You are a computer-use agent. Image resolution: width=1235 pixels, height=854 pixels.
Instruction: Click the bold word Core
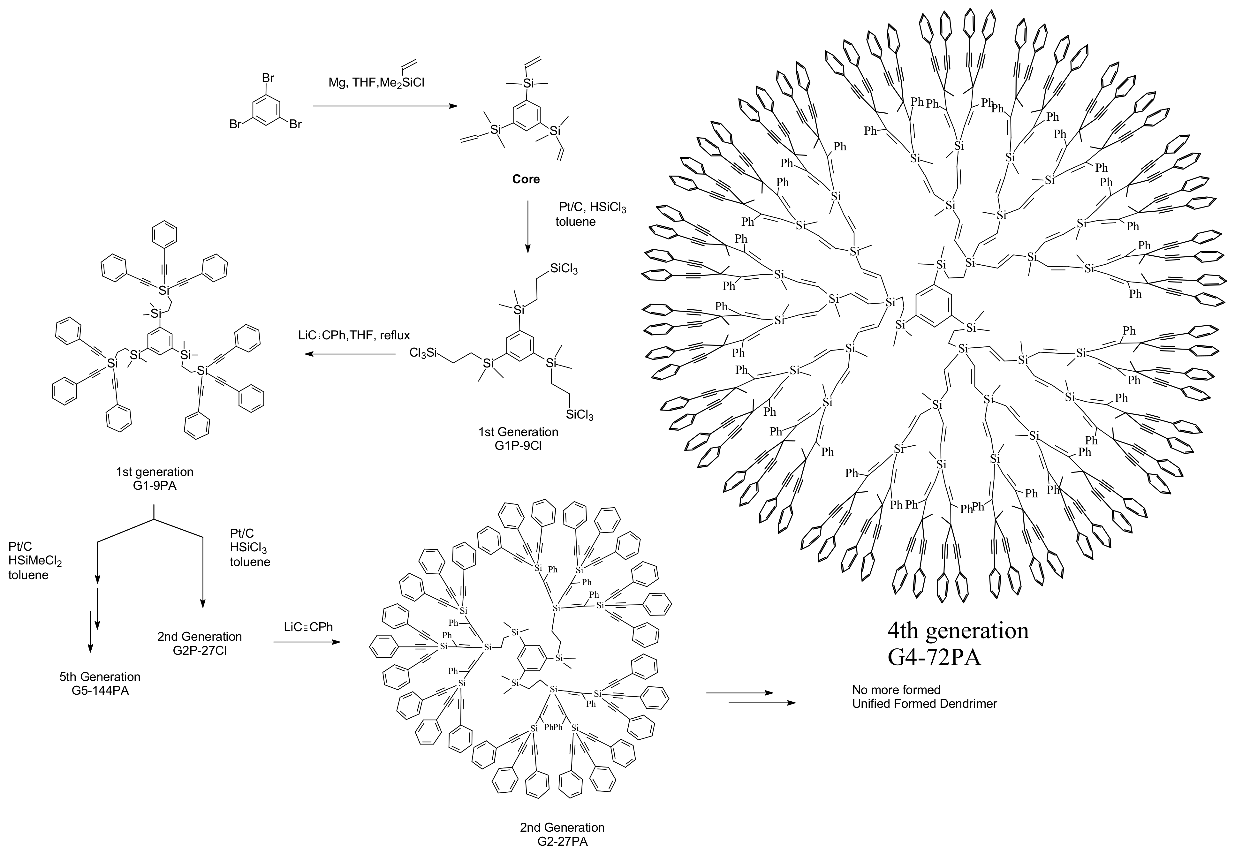[x=526, y=179]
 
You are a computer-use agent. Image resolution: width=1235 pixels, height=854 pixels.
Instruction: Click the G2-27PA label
[x=562, y=842]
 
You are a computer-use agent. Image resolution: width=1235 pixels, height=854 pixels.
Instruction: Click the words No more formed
[x=896, y=690]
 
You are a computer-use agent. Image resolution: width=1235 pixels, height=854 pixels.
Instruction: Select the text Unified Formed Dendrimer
[x=924, y=704]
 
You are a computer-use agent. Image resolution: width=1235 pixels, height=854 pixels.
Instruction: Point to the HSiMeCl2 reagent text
[x=35, y=561]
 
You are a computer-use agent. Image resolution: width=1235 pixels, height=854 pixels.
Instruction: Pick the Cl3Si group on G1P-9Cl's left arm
[x=424, y=353]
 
